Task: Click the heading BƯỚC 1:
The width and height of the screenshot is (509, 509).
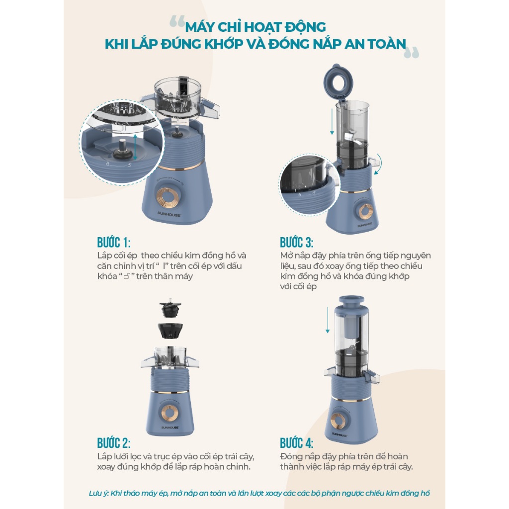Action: tap(114, 243)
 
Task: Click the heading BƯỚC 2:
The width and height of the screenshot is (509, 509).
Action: tap(114, 443)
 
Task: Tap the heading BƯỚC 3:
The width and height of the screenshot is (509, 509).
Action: tap(297, 243)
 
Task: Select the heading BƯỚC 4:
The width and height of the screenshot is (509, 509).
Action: tap(297, 443)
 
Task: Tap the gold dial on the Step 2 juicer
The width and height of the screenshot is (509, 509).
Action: tap(170, 412)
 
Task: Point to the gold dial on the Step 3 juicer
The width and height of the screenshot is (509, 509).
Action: tap(365, 211)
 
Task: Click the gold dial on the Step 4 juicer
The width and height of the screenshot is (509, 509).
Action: tap(338, 421)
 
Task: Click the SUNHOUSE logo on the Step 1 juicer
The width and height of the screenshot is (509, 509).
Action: tap(169, 214)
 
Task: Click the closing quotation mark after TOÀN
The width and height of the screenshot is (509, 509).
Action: tap(412, 52)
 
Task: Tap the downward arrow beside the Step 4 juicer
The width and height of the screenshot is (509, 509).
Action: tap(328, 320)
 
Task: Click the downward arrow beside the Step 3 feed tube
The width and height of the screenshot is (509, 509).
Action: tap(332, 121)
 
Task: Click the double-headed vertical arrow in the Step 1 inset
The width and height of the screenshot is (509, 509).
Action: tap(135, 147)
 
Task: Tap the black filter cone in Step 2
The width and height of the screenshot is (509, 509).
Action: tap(170, 331)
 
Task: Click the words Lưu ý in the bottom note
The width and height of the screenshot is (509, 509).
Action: tap(98, 494)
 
